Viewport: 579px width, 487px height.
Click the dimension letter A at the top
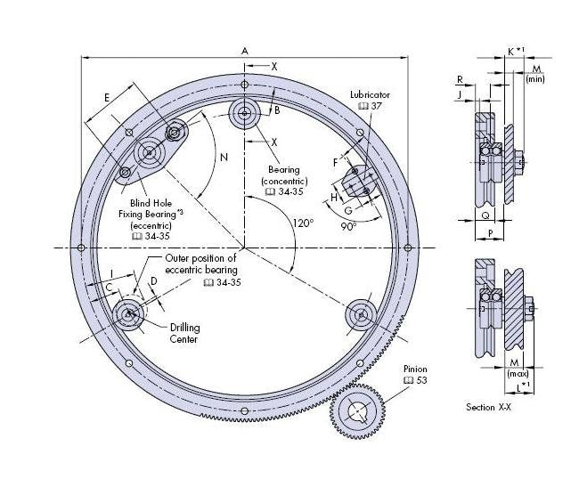coord(244,51)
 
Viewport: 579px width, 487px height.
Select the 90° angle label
coord(347,226)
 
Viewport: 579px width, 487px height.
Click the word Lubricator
coord(371,94)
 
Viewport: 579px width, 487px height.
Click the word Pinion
coord(416,367)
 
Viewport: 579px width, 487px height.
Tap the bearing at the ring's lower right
coord(360,313)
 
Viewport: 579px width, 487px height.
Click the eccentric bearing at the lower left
coord(130,313)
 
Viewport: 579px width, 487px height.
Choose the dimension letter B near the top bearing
coord(277,110)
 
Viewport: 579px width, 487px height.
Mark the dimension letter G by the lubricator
coord(348,210)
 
